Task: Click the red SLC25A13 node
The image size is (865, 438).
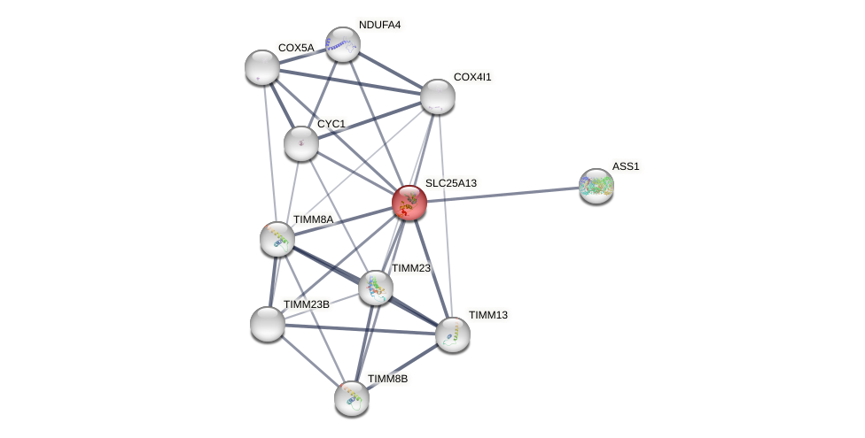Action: (x=409, y=203)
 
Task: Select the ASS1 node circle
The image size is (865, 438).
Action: (x=596, y=186)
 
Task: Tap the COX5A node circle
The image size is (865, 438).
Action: (x=261, y=67)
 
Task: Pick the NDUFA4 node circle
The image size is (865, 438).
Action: (x=342, y=44)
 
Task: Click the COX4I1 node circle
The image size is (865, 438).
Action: (x=437, y=96)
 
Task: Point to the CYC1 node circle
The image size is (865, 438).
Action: (x=301, y=143)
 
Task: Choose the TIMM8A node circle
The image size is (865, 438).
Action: (x=277, y=239)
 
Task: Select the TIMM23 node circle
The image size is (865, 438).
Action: (x=376, y=287)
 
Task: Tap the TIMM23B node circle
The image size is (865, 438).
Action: (x=268, y=324)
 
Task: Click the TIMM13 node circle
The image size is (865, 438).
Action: (x=453, y=334)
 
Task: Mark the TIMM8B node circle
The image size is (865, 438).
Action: (x=352, y=397)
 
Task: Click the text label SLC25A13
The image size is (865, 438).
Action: (x=450, y=183)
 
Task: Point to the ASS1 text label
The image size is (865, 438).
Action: (x=625, y=166)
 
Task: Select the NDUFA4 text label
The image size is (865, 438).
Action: (x=380, y=25)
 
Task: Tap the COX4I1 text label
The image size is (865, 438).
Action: (x=471, y=77)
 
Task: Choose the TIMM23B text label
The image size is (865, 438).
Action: (x=306, y=304)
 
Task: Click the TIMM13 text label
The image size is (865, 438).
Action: (x=488, y=315)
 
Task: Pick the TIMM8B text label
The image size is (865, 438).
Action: (x=387, y=379)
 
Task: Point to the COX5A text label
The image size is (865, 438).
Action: (x=295, y=48)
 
